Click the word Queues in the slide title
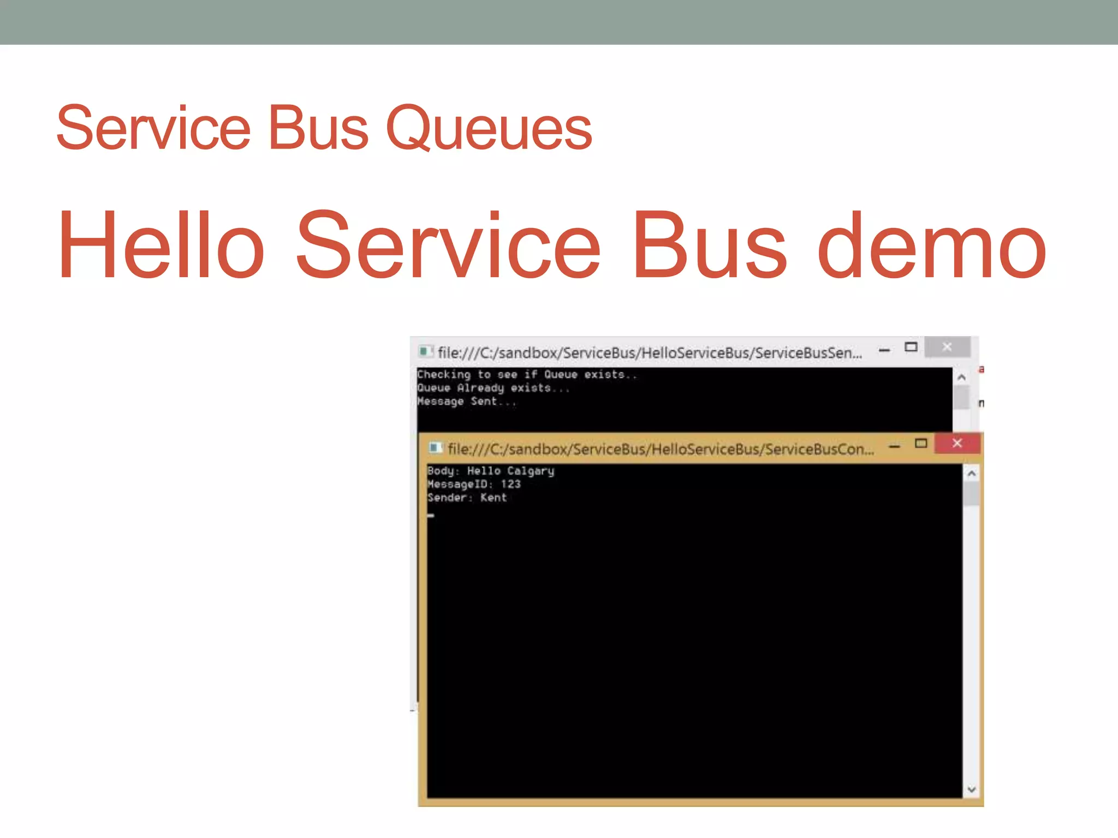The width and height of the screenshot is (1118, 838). [489, 128]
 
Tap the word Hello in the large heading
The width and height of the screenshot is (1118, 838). [162, 246]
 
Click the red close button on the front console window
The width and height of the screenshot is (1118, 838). [957, 443]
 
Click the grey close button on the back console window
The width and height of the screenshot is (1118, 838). [947, 347]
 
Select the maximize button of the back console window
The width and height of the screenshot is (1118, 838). [911, 347]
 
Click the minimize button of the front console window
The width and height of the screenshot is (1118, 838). [894, 447]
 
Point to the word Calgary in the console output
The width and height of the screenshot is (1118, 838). [531, 471]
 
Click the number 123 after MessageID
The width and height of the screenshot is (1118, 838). [510, 484]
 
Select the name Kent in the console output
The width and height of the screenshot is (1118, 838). [493, 498]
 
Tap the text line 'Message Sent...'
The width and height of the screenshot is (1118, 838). [466, 402]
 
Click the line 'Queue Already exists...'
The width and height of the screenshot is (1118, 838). [493, 388]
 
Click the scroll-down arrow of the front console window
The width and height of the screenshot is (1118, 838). [971, 789]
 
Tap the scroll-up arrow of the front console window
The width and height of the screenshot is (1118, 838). [971, 474]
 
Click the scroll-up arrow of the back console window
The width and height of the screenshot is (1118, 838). [961, 377]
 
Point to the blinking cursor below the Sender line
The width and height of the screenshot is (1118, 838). [431, 515]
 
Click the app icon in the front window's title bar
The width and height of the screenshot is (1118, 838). [435, 448]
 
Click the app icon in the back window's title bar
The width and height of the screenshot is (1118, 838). [425, 351]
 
